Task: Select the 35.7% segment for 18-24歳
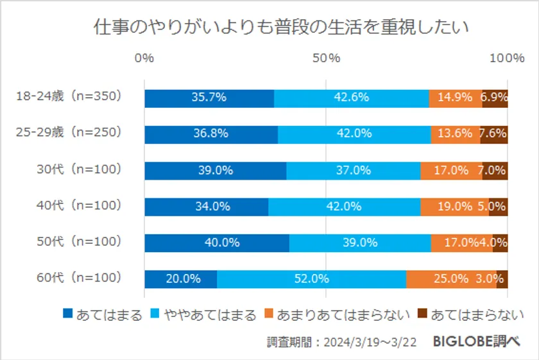point(209,98)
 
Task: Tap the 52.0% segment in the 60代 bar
point(312,279)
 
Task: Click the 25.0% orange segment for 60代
point(451,279)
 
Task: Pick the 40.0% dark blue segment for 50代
point(217,243)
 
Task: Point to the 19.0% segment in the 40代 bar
point(454,207)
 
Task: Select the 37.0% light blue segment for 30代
point(353,171)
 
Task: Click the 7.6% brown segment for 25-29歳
point(493,134)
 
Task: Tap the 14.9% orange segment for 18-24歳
point(455,98)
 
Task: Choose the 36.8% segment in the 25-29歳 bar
point(211,134)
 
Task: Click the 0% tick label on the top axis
point(144,58)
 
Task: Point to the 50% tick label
point(326,58)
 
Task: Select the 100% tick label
point(507,58)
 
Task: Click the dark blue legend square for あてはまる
point(68,314)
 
